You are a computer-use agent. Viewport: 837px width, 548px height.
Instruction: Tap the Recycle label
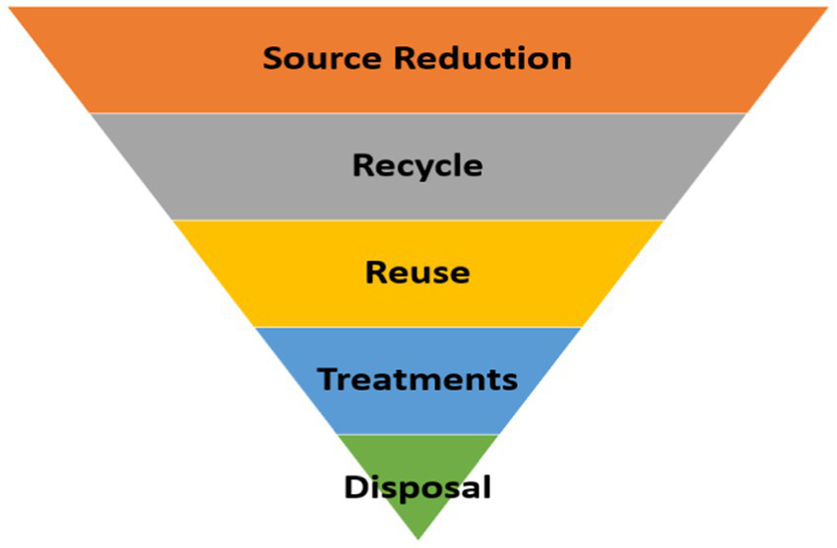(x=418, y=165)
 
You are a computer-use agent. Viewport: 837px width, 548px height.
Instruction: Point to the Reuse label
(x=418, y=272)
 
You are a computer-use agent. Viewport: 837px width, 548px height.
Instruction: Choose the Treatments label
(x=418, y=379)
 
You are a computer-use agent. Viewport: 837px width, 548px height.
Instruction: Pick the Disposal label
(x=418, y=486)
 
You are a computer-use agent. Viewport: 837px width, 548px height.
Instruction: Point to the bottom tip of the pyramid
(x=418, y=536)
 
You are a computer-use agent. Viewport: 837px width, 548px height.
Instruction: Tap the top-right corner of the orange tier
(x=826, y=9)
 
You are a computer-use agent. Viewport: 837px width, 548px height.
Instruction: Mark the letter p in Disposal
(x=407, y=490)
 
